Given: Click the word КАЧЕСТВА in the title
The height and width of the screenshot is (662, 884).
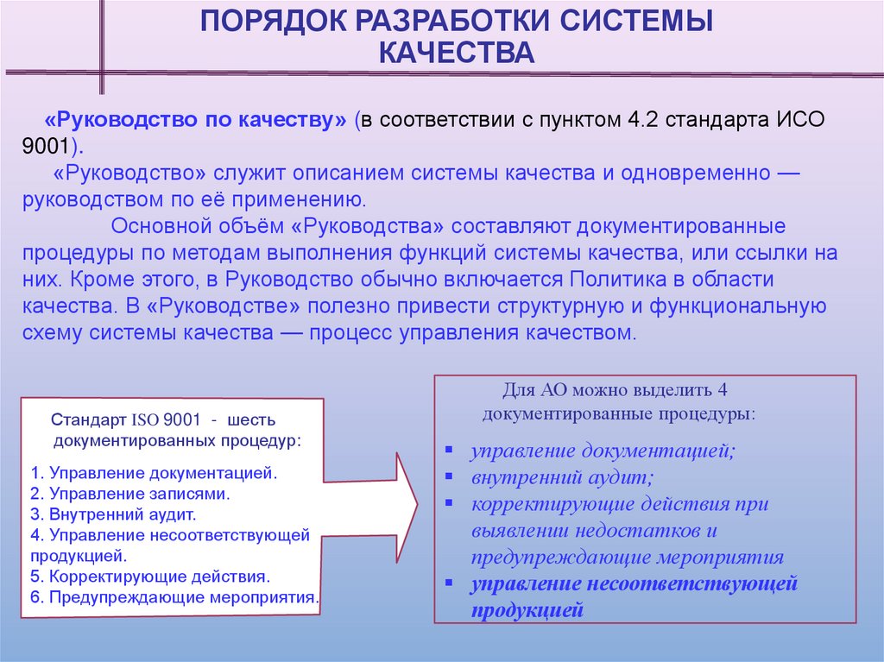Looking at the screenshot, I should pyautogui.click(x=458, y=54).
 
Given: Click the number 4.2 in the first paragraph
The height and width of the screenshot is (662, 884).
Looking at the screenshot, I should pyautogui.click(x=638, y=119).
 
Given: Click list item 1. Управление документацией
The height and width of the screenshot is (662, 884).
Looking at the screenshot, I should pyautogui.click(x=153, y=474).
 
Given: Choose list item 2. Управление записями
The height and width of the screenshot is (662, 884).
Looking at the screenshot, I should pyautogui.click(x=129, y=495).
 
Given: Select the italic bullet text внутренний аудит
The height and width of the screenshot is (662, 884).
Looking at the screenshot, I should pyautogui.click(x=562, y=476).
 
